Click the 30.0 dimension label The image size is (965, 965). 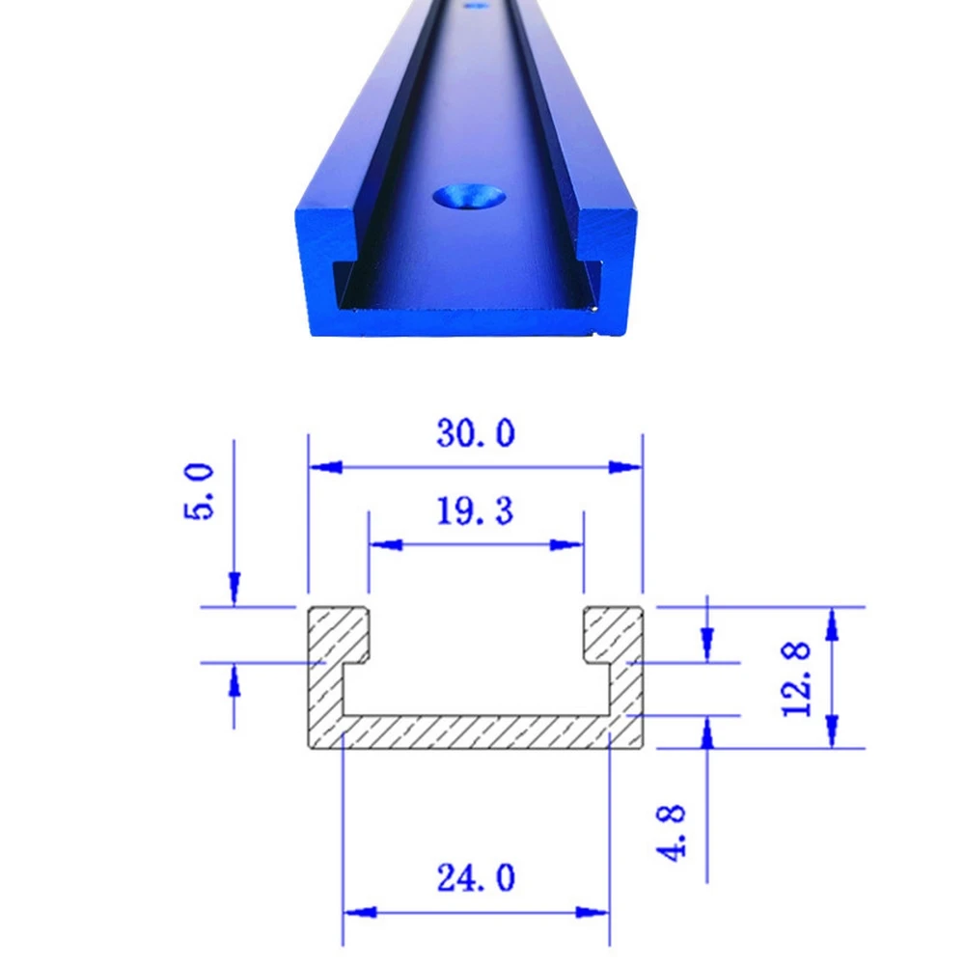pos(475,433)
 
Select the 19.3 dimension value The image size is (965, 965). pos(475,510)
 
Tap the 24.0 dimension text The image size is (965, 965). pos(476,878)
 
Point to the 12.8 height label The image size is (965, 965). pos(798,677)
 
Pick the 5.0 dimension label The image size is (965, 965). pos(199,491)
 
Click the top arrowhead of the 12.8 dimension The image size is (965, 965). pos(833,623)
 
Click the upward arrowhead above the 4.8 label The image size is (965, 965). pos(706,735)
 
